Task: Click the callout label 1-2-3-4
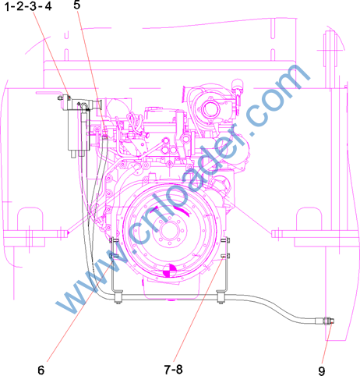(x=28, y=6)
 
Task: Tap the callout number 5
(x=77, y=5)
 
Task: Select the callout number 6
(x=41, y=370)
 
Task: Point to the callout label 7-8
(x=173, y=369)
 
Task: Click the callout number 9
(x=322, y=371)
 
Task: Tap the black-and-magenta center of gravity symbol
(x=169, y=271)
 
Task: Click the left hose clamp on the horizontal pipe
(x=118, y=297)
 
